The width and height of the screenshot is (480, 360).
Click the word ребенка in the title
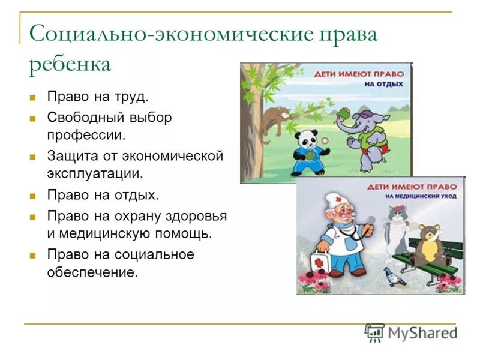pos(70,64)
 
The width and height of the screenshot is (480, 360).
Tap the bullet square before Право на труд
pos(35,97)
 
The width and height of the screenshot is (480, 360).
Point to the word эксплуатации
pos(95,174)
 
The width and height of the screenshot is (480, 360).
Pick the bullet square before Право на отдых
pos(35,196)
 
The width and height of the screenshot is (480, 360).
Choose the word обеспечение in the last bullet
pos(92,272)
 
